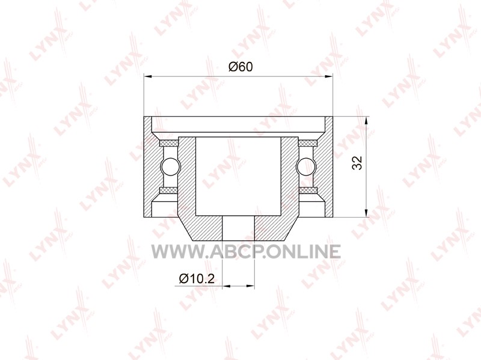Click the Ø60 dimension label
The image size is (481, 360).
[241, 67]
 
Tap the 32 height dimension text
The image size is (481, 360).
[357, 163]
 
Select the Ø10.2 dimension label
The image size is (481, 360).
[197, 278]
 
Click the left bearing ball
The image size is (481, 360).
[171, 166]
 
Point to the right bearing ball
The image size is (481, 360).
[305, 166]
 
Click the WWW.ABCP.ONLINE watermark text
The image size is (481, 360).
[246, 251]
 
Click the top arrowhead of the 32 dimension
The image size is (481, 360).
[366, 121]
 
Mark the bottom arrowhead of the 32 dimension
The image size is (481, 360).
[366, 213]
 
